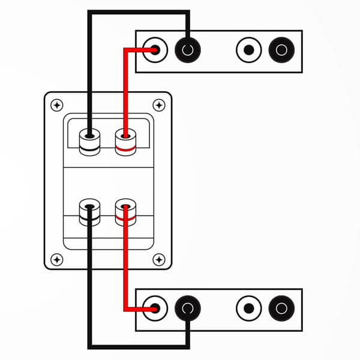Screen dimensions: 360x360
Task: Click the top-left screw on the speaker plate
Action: point(56,105)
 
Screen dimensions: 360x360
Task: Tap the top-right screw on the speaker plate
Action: point(158,105)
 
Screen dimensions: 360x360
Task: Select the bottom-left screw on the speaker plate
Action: point(56,259)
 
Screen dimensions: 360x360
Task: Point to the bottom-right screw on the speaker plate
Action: point(158,259)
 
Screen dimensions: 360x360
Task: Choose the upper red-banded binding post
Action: point(125,142)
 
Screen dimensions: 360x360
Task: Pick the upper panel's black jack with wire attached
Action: point(188,50)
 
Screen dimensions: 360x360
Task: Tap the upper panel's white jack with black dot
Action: point(249,50)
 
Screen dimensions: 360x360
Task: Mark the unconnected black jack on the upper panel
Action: point(281,50)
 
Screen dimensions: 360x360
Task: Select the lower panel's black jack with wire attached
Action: point(188,309)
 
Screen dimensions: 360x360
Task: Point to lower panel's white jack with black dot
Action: point(249,309)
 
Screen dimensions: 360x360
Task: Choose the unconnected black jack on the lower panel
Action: point(281,309)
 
